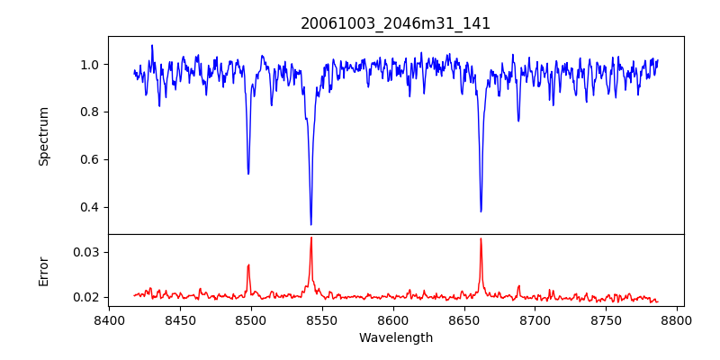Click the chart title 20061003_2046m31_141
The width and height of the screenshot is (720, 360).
tap(395, 23)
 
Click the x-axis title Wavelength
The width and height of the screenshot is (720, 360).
tap(395, 337)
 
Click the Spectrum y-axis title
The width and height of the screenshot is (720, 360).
tap(44, 136)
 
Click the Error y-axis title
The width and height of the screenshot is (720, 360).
tap(44, 270)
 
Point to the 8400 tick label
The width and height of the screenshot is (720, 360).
tap(109, 319)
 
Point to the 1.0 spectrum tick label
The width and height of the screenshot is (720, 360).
tap(90, 65)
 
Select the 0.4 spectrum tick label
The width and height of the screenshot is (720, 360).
tap(90, 207)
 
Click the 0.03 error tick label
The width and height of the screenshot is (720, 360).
tap(86, 252)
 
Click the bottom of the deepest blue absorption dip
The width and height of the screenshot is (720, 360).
tap(310, 224)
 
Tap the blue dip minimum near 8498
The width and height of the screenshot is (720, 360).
tap(248, 173)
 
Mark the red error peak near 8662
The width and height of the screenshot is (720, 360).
tap(481, 238)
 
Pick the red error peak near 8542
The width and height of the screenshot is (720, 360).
tap(310, 238)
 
